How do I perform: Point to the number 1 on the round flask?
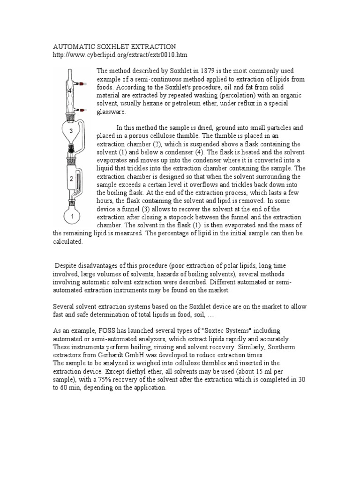(x=73, y=217)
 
